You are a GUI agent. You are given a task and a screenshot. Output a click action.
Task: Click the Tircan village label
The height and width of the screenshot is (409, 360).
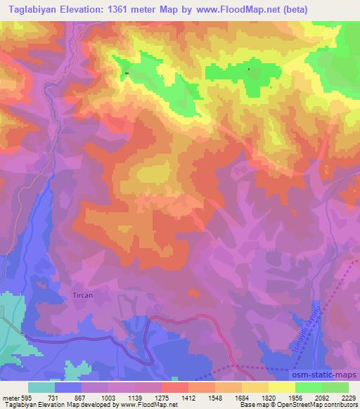83,296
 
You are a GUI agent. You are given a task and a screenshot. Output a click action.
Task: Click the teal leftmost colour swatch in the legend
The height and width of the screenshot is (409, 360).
41,387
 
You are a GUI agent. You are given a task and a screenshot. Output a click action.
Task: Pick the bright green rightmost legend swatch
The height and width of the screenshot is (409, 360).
335,387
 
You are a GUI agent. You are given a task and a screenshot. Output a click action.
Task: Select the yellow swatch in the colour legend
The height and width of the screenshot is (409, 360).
281,387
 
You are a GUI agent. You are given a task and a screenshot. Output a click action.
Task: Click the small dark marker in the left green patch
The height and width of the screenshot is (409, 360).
127,74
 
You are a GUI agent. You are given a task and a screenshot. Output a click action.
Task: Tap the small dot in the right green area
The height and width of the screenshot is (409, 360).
249,69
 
